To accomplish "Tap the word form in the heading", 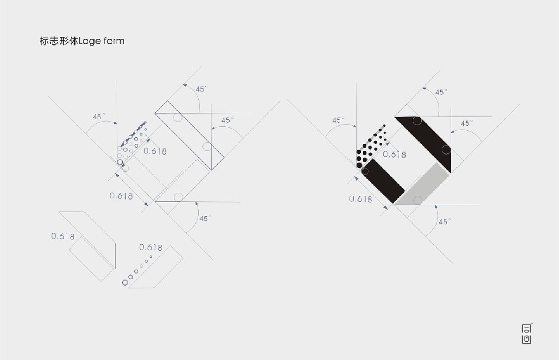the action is click(114, 41).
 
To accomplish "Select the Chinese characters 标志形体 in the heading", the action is click(59, 41).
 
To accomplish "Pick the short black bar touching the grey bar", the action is click(383, 181).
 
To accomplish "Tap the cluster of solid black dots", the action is click(371, 146).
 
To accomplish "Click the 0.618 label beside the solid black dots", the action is click(394, 155).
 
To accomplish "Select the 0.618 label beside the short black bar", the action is click(360, 199).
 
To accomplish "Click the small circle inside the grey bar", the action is click(418, 200).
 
